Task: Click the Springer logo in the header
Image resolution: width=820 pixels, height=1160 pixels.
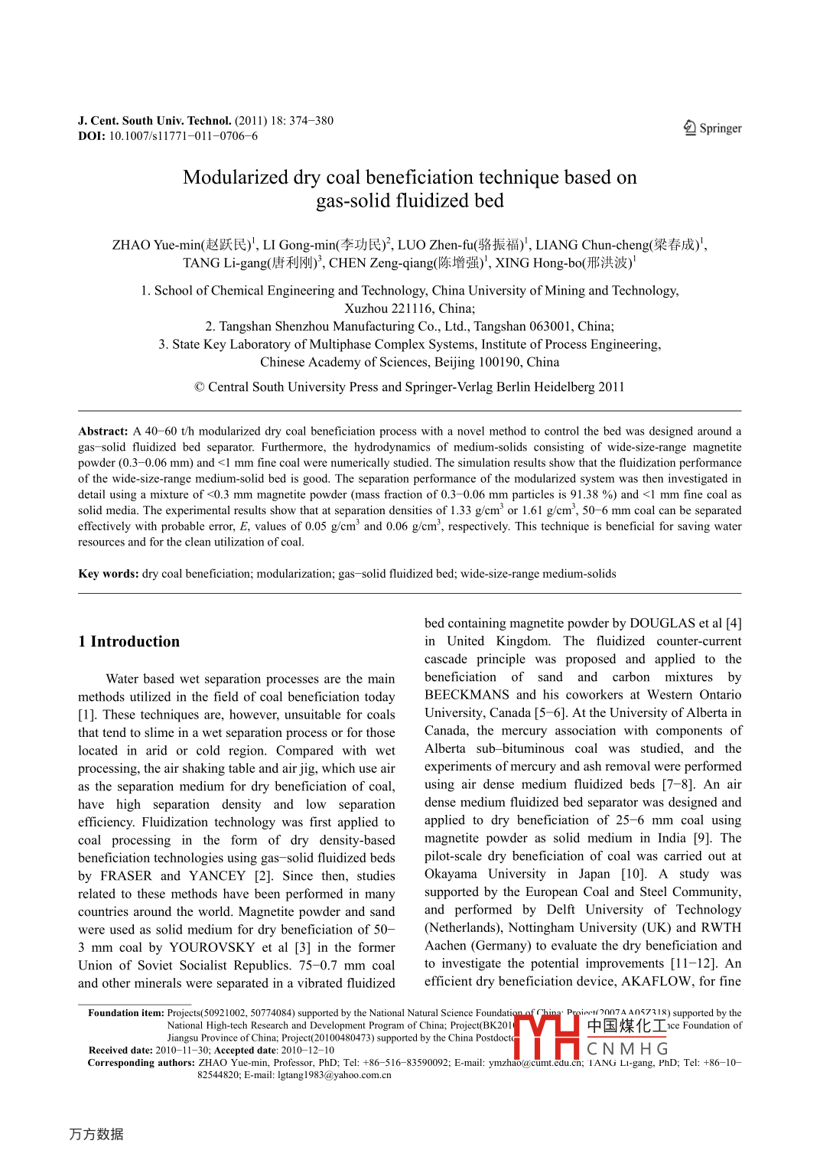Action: pyautogui.click(x=712, y=128)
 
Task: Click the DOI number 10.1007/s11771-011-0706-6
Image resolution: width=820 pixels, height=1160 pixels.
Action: pyautogui.click(x=183, y=136)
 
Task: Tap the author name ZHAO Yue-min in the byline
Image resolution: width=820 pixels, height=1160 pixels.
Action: pyautogui.click(x=156, y=245)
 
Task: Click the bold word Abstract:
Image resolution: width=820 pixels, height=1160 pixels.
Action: pyautogui.click(x=103, y=432)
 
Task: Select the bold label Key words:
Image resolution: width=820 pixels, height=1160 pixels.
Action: pyautogui.click(x=109, y=574)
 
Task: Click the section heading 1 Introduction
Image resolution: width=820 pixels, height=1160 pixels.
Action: pyautogui.click(x=129, y=642)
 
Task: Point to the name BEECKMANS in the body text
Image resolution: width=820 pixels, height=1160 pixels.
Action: pyautogui.click(x=467, y=695)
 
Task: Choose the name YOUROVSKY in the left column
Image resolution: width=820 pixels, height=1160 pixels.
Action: pyautogui.click(x=212, y=947)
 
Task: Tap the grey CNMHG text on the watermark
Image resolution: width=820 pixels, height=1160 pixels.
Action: pyautogui.click(x=627, y=1048)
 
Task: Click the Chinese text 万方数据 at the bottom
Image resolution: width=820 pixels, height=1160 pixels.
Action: pyautogui.click(x=96, y=1134)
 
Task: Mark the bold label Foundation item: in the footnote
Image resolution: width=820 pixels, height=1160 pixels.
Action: pyautogui.click(x=125, y=1013)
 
